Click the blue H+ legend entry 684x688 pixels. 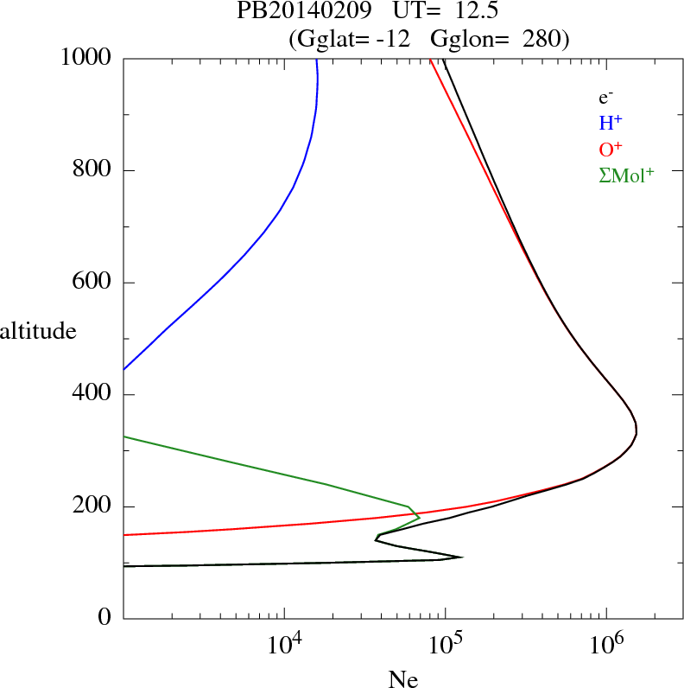(611, 123)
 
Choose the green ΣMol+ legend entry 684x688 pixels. (626, 175)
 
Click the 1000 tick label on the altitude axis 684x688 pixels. (87, 58)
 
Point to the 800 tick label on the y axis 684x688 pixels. (93, 170)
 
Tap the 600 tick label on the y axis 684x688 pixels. (93, 283)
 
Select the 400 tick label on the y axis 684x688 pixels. (93, 395)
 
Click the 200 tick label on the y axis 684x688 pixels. (93, 506)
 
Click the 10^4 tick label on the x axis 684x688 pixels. (284, 645)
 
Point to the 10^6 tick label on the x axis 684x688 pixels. (606, 645)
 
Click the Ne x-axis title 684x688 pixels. (402, 678)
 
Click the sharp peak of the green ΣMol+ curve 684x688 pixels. (420, 518)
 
